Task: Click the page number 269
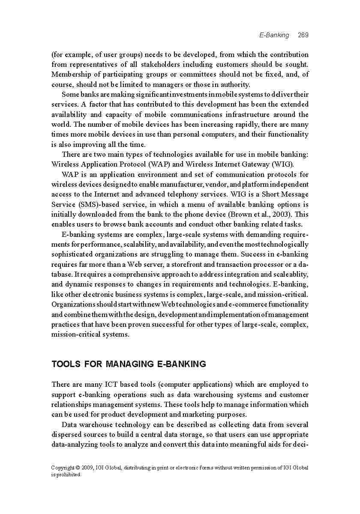(303, 35)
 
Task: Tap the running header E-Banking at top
(274, 35)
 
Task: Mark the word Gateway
(249, 164)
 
